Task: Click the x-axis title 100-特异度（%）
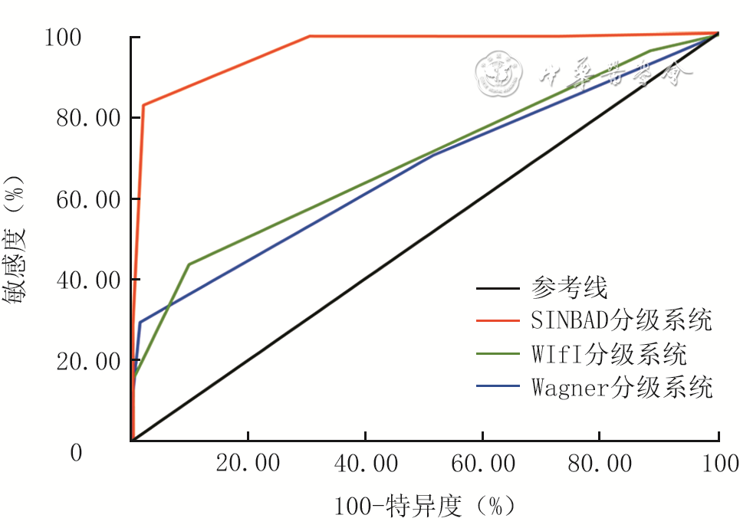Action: coord(423,506)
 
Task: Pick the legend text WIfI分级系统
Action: coord(608,354)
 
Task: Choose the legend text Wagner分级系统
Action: coord(621,387)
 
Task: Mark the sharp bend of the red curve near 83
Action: coord(143,105)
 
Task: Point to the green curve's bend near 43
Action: coord(189,264)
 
